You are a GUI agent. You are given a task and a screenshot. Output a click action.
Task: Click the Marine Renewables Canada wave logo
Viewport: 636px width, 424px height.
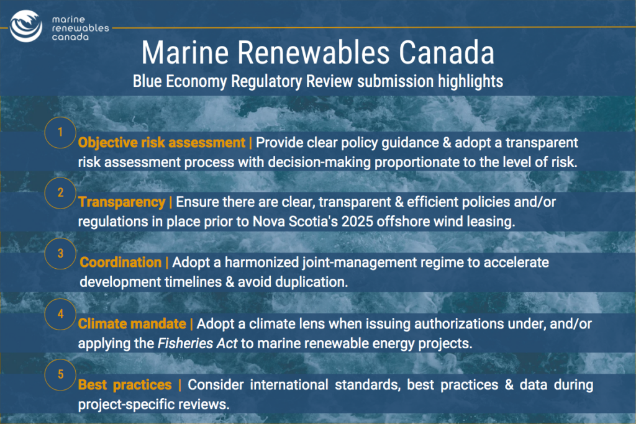(x=26, y=26)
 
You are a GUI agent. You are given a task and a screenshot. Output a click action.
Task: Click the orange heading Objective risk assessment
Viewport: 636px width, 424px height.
(x=162, y=143)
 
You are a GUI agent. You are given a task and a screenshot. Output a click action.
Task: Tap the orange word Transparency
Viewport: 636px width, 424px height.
(x=122, y=202)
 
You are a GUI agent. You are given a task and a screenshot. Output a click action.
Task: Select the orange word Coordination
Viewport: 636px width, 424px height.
(x=120, y=262)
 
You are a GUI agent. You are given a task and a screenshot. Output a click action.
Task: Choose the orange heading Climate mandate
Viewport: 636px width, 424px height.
(x=132, y=324)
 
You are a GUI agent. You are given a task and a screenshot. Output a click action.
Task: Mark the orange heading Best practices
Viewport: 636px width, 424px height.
(x=125, y=385)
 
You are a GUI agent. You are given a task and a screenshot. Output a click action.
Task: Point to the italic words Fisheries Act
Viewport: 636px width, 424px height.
(x=197, y=343)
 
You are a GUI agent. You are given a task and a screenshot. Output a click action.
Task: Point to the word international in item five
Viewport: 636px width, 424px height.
(x=289, y=385)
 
